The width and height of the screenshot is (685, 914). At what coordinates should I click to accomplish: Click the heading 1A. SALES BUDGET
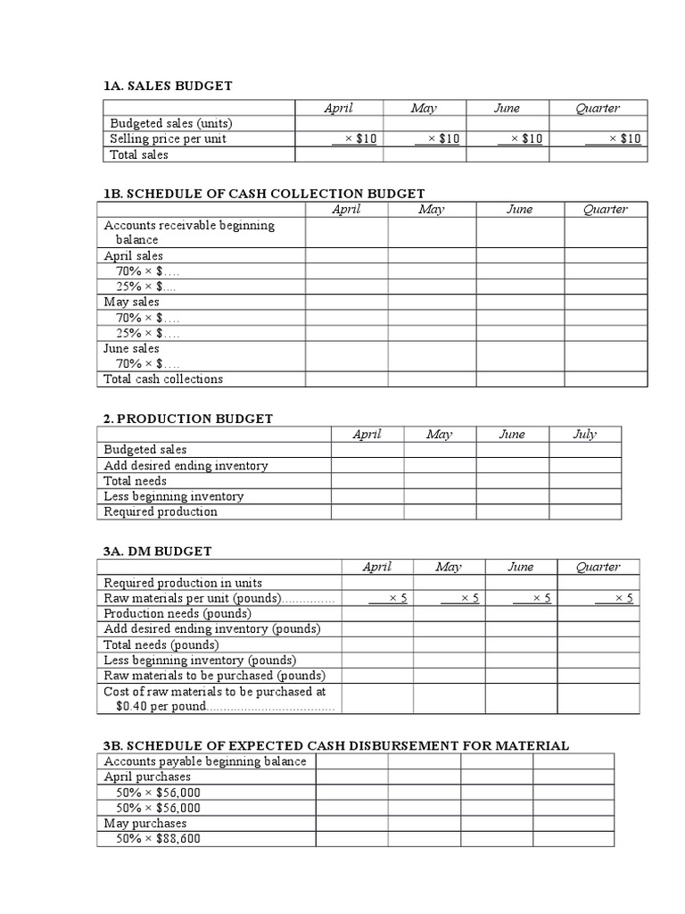[x=168, y=86]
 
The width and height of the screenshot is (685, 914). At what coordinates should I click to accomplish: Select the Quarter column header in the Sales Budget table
[x=598, y=108]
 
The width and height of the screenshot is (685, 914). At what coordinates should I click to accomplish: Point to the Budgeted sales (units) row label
[x=170, y=123]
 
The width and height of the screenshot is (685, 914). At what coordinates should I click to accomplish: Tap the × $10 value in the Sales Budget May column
[x=438, y=138]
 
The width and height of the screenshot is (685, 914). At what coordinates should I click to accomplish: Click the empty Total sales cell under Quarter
[x=598, y=154]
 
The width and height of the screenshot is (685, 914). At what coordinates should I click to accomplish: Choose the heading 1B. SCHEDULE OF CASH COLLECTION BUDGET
[x=264, y=193]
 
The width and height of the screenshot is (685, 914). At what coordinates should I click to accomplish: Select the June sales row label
[x=131, y=348]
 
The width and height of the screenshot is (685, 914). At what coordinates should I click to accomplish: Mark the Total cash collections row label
[x=163, y=379]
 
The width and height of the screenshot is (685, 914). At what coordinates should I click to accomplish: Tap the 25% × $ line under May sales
[x=147, y=333]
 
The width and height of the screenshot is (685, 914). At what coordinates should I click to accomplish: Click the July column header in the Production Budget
[x=584, y=435]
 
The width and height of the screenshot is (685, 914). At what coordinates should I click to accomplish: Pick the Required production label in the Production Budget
[x=161, y=511]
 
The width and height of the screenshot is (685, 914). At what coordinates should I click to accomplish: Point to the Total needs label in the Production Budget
[x=135, y=481]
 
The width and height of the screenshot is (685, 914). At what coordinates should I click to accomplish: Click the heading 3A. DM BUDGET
[x=157, y=552]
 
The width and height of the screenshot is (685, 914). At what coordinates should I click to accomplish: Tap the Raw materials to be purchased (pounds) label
[x=214, y=676]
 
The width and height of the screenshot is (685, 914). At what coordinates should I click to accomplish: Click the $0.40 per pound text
[x=161, y=706]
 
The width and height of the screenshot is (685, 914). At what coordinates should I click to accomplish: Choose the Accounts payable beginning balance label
[x=204, y=761]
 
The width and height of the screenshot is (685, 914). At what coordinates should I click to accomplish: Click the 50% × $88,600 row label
[x=158, y=839]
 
